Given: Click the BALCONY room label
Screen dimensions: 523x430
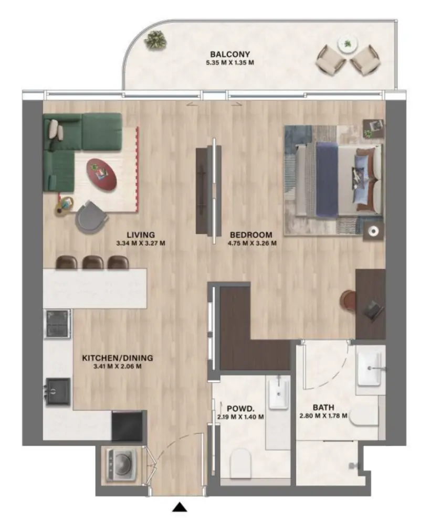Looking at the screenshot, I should (229, 54).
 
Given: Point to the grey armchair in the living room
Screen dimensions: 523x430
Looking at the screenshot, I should (91, 217).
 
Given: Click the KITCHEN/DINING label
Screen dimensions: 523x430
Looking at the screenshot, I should (117, 358).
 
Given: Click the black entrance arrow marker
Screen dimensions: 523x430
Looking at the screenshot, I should (180, 507).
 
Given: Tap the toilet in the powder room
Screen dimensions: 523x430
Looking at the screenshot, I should (242, 462).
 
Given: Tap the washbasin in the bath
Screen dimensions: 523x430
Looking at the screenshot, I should (371, 368).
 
